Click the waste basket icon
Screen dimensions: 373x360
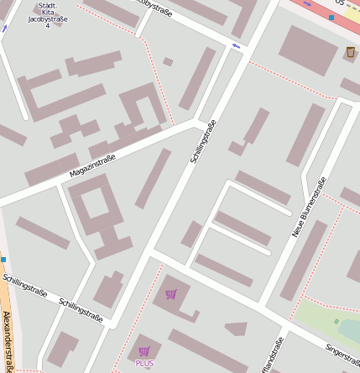point(350,53)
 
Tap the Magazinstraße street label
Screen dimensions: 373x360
point(92,166)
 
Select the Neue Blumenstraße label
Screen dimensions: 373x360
point(309,207)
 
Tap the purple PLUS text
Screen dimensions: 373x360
point(144,363)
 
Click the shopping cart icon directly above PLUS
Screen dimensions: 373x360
point(144,351)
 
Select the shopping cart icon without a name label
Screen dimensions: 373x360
point(171,294)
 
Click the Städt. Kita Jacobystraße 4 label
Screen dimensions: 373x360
point(47,15)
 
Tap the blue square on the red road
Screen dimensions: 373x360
point(331,17)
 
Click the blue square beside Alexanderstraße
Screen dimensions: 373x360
point(3,260)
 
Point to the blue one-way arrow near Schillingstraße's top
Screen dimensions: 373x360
point(236,45)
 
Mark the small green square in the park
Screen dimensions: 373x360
point(337,321)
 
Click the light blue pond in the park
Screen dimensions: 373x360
point(351,330)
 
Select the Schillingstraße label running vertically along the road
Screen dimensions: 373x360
point(204,140)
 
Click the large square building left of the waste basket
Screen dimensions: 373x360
point(307,50)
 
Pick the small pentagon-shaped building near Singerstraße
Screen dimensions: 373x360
point(237,328)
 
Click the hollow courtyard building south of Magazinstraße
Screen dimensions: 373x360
point(99,215)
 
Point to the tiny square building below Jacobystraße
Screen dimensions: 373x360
point(168,61)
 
